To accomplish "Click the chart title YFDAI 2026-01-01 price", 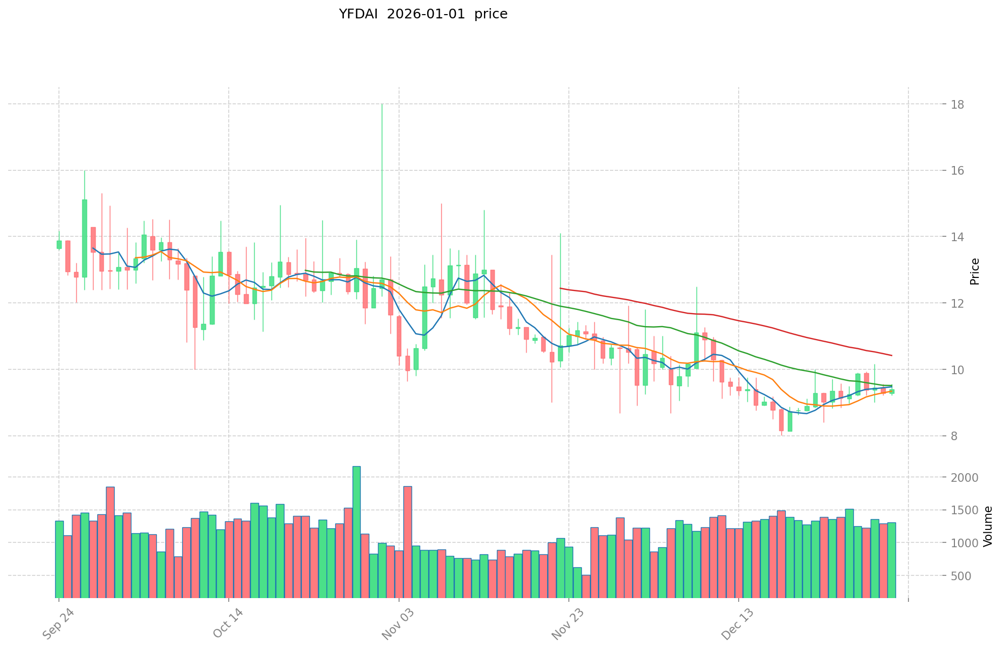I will pos(423,15).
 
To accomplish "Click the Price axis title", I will pos(974,271).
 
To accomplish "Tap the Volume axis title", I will pos(988,526).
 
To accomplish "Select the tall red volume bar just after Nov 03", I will pos(408,541).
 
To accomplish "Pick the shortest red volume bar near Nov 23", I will pos(586,586).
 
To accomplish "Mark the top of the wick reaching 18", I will pos(382,104).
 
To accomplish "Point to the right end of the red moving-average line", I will pos(892,355).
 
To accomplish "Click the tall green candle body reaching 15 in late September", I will pos(84,238).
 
